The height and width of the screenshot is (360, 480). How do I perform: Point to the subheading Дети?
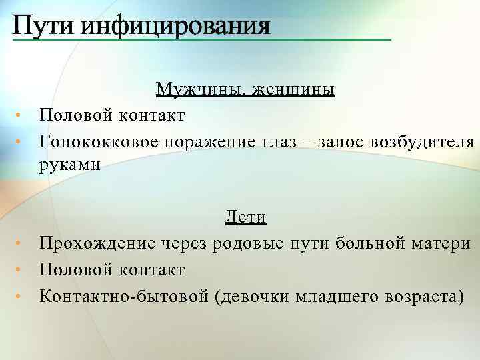click(246, 218)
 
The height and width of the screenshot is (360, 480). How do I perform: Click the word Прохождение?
click(98, 244)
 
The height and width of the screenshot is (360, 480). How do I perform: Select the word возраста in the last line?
click(421, 295)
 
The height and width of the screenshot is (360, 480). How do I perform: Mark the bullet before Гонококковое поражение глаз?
click(21, 141)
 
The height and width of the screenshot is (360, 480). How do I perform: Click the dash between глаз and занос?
click(309, 141)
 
